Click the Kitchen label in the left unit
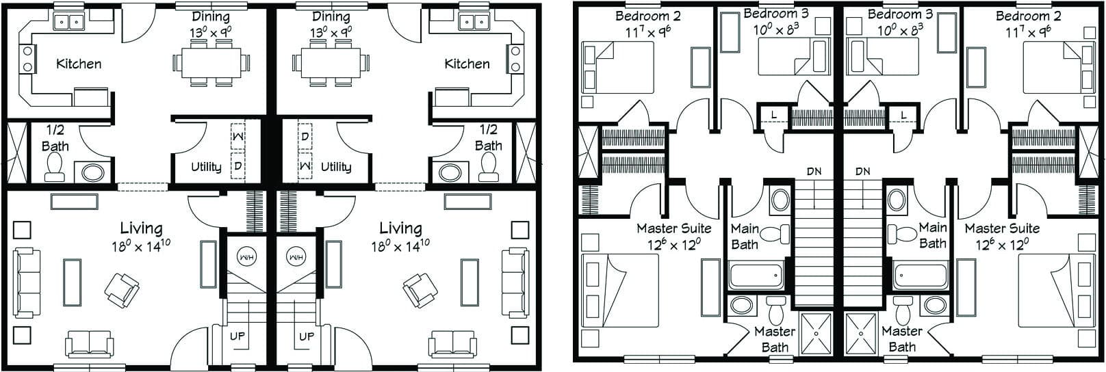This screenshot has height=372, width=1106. pyautogui.click(x=79, y=64)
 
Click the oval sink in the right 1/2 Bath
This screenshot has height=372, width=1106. pyautogui.click(x=450, y=172)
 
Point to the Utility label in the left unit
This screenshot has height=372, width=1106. pyautogui.click(x=205, y=167)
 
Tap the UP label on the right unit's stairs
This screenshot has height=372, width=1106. pyautogui.click(x=307, y=336)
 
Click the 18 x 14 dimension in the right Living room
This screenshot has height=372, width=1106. pyautogui.click(x=400, y=245)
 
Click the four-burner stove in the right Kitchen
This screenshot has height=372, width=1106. pyautogui.click(x=512, y=59)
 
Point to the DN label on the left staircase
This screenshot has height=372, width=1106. pyautogui.click(x=813, y=172)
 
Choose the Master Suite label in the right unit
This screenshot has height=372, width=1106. pyautogui.click(x=1001, y=228)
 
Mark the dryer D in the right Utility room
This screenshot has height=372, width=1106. pyautogui.click(x=305, y=136)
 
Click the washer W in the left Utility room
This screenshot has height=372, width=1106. pyautogui.click(x=237, y=137)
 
